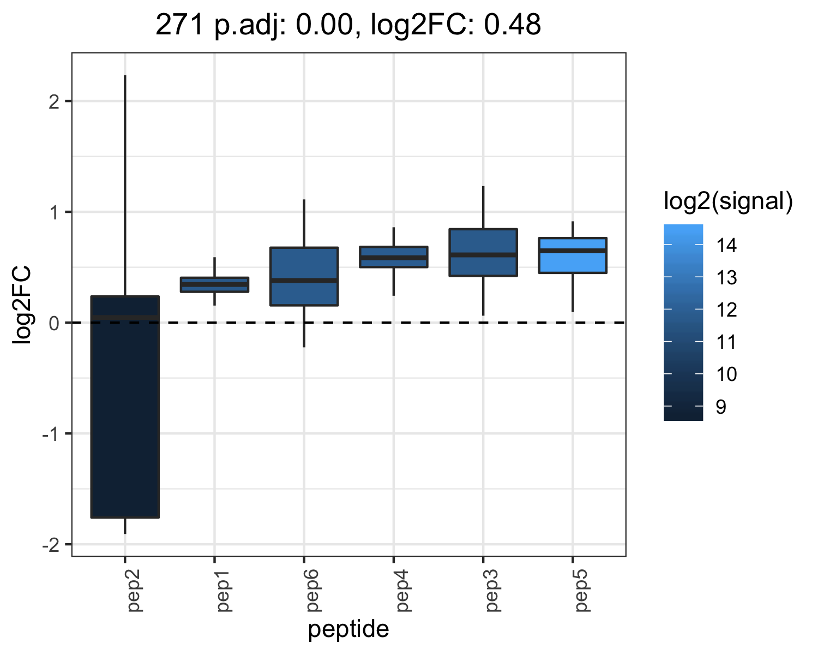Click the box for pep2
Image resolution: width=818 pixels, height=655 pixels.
click(125, 407)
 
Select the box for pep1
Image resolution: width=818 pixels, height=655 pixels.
click(214, 285)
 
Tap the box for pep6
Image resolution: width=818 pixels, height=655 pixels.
click(304, 276)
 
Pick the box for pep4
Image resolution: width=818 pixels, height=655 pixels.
click(394, 257)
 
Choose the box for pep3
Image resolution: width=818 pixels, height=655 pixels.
click(483, 252)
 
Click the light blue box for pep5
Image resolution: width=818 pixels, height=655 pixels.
click(573, 255)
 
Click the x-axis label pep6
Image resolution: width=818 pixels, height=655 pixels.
click(313, 591)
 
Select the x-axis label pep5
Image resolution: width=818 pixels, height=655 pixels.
click(581, 591)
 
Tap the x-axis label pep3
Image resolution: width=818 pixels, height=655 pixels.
click(492, 591)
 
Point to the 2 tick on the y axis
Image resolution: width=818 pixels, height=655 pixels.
click(55, 102)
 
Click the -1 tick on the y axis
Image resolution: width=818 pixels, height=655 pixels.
click(51, 434)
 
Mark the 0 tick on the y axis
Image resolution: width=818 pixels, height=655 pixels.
click(55, 323)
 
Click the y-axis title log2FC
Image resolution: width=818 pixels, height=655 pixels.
click(22, 305)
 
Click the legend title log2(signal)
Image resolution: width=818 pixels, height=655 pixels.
click(728, 202)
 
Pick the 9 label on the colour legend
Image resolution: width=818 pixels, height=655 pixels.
click(721, 407)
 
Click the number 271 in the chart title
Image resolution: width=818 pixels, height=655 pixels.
click(179, 25)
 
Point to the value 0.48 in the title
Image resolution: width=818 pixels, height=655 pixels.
click(513, 25)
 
